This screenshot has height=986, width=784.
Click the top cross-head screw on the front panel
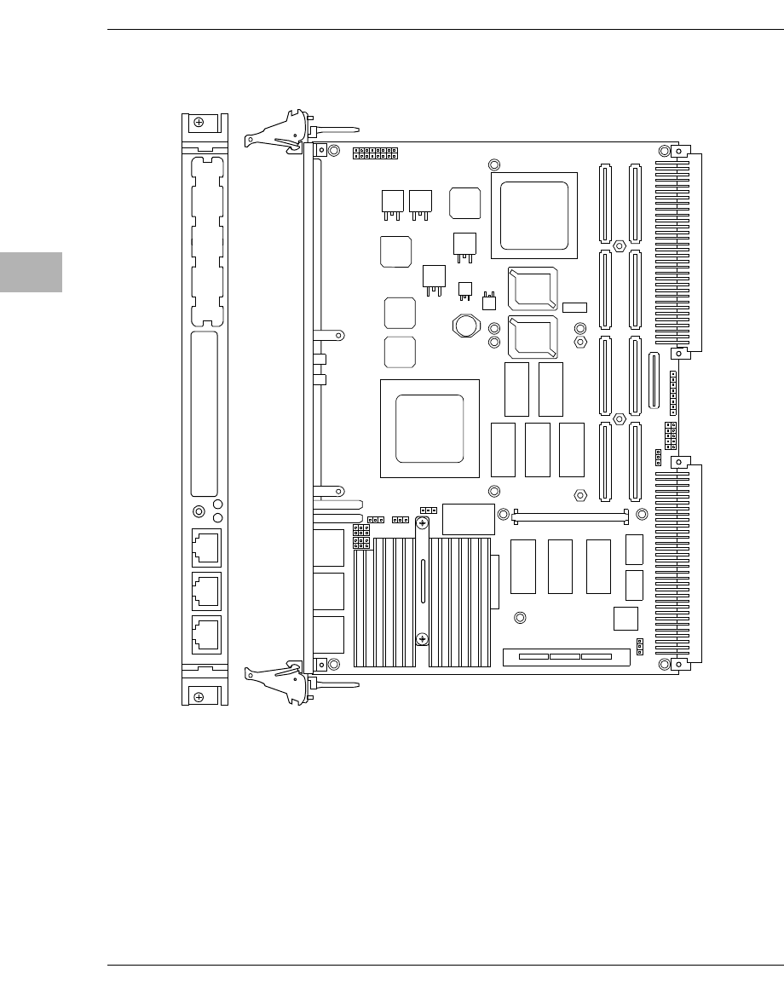(x=199, y=123)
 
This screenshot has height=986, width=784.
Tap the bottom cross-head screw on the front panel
(x=199, y=697)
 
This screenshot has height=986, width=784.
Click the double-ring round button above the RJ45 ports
(x=199, y=512)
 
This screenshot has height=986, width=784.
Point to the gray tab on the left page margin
(x=31, y=272)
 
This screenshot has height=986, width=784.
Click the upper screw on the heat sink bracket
(x=421, y=526)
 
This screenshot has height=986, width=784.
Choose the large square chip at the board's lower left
(x=429, y=429)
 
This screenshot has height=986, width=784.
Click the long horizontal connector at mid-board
(x=570, y=516)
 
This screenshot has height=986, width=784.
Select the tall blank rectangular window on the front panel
(x=205, y=414)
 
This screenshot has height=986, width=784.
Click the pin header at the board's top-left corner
(x=376, y=153)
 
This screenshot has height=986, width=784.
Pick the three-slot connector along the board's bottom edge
(x=566, y=657)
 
